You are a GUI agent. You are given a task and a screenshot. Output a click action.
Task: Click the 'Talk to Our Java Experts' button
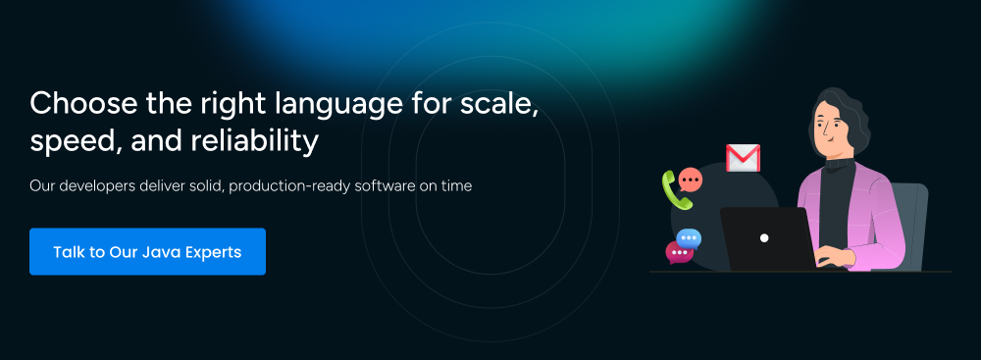[x=148, y=252]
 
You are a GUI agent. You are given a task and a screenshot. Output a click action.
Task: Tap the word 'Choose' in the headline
[x=83, y=103]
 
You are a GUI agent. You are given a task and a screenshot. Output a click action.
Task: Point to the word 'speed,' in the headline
[x=76, y=143]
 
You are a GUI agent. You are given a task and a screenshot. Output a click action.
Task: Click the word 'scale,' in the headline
[x=499, y=104]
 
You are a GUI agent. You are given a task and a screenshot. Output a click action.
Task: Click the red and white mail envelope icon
[x=743, y=158]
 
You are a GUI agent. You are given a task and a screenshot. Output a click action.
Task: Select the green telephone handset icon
[x=676, y=190]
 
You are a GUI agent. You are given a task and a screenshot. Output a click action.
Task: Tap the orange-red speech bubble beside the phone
[x=690, y=180]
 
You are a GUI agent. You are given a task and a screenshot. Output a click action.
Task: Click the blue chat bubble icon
[x=689, y=239]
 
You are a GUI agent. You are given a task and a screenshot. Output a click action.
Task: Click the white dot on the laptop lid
[x=764, y=238]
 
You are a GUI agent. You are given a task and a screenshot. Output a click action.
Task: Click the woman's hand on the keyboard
[x=835, y=256]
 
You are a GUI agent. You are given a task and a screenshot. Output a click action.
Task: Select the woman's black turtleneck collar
[x=839, y=164]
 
